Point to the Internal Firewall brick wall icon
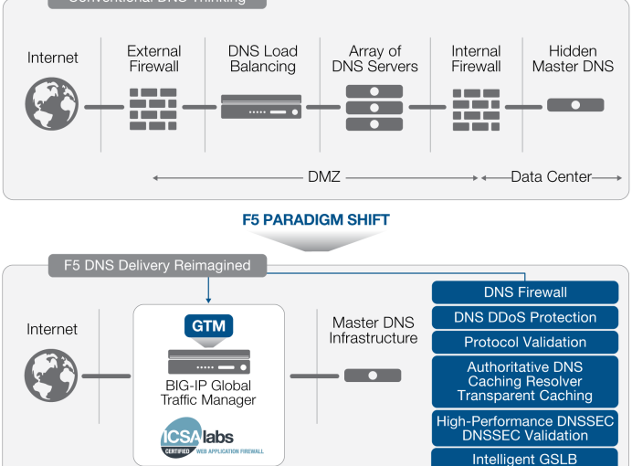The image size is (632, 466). pyautogui.click(x=476, y=108)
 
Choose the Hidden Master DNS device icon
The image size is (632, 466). pyautogui.click(x=575, y=105)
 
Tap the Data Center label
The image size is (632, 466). pyautogui.click(x=551, y=176)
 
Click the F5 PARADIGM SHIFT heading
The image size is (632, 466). pyautogui.click(x=316, y=220)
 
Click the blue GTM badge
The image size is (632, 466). pyautogui.click(x=209, y=325)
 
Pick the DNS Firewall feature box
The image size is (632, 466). pyautogui.click(x=525, y=292)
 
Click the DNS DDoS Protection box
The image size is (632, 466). pyautogui.click(x=525, y=317)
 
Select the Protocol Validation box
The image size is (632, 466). pyautogui.click(x=525, y=342)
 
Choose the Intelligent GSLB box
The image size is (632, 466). pyautogui.click(x=525, y=458)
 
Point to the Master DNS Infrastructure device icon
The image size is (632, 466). pyautogui.click(x=372, y=376)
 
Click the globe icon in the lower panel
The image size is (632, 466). pyautogui.click(x=52, y=376)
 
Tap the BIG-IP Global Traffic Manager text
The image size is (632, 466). pyautogui.click(x=209, y=392)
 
